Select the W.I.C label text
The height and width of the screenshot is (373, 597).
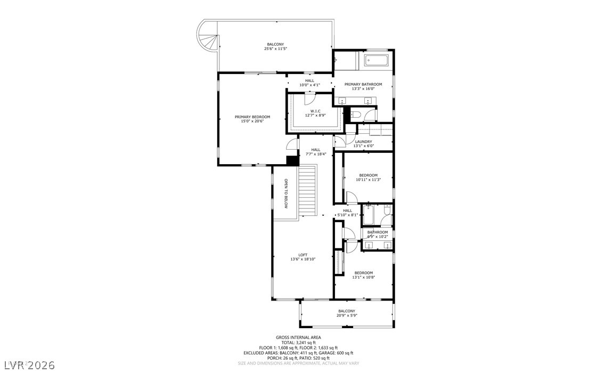[315, 111]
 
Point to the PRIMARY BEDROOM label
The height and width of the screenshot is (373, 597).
[252, 117]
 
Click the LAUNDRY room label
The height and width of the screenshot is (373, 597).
[367, 141]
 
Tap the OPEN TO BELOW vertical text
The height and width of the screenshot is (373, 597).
[285, 193]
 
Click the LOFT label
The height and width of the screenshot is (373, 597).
[302, 255]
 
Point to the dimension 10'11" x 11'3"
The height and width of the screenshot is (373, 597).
[368, 180]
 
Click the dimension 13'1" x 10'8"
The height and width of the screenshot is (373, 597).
[364, 277]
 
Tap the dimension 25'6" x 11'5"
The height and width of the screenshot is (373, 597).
[275, 49]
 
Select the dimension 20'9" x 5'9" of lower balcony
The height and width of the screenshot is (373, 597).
[346, 315]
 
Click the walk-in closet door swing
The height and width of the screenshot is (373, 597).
[310, 99]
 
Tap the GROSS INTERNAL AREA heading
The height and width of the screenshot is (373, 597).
[298, 337]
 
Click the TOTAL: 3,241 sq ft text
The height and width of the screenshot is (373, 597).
[298, 343]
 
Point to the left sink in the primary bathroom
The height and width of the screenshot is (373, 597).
[342, 101]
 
